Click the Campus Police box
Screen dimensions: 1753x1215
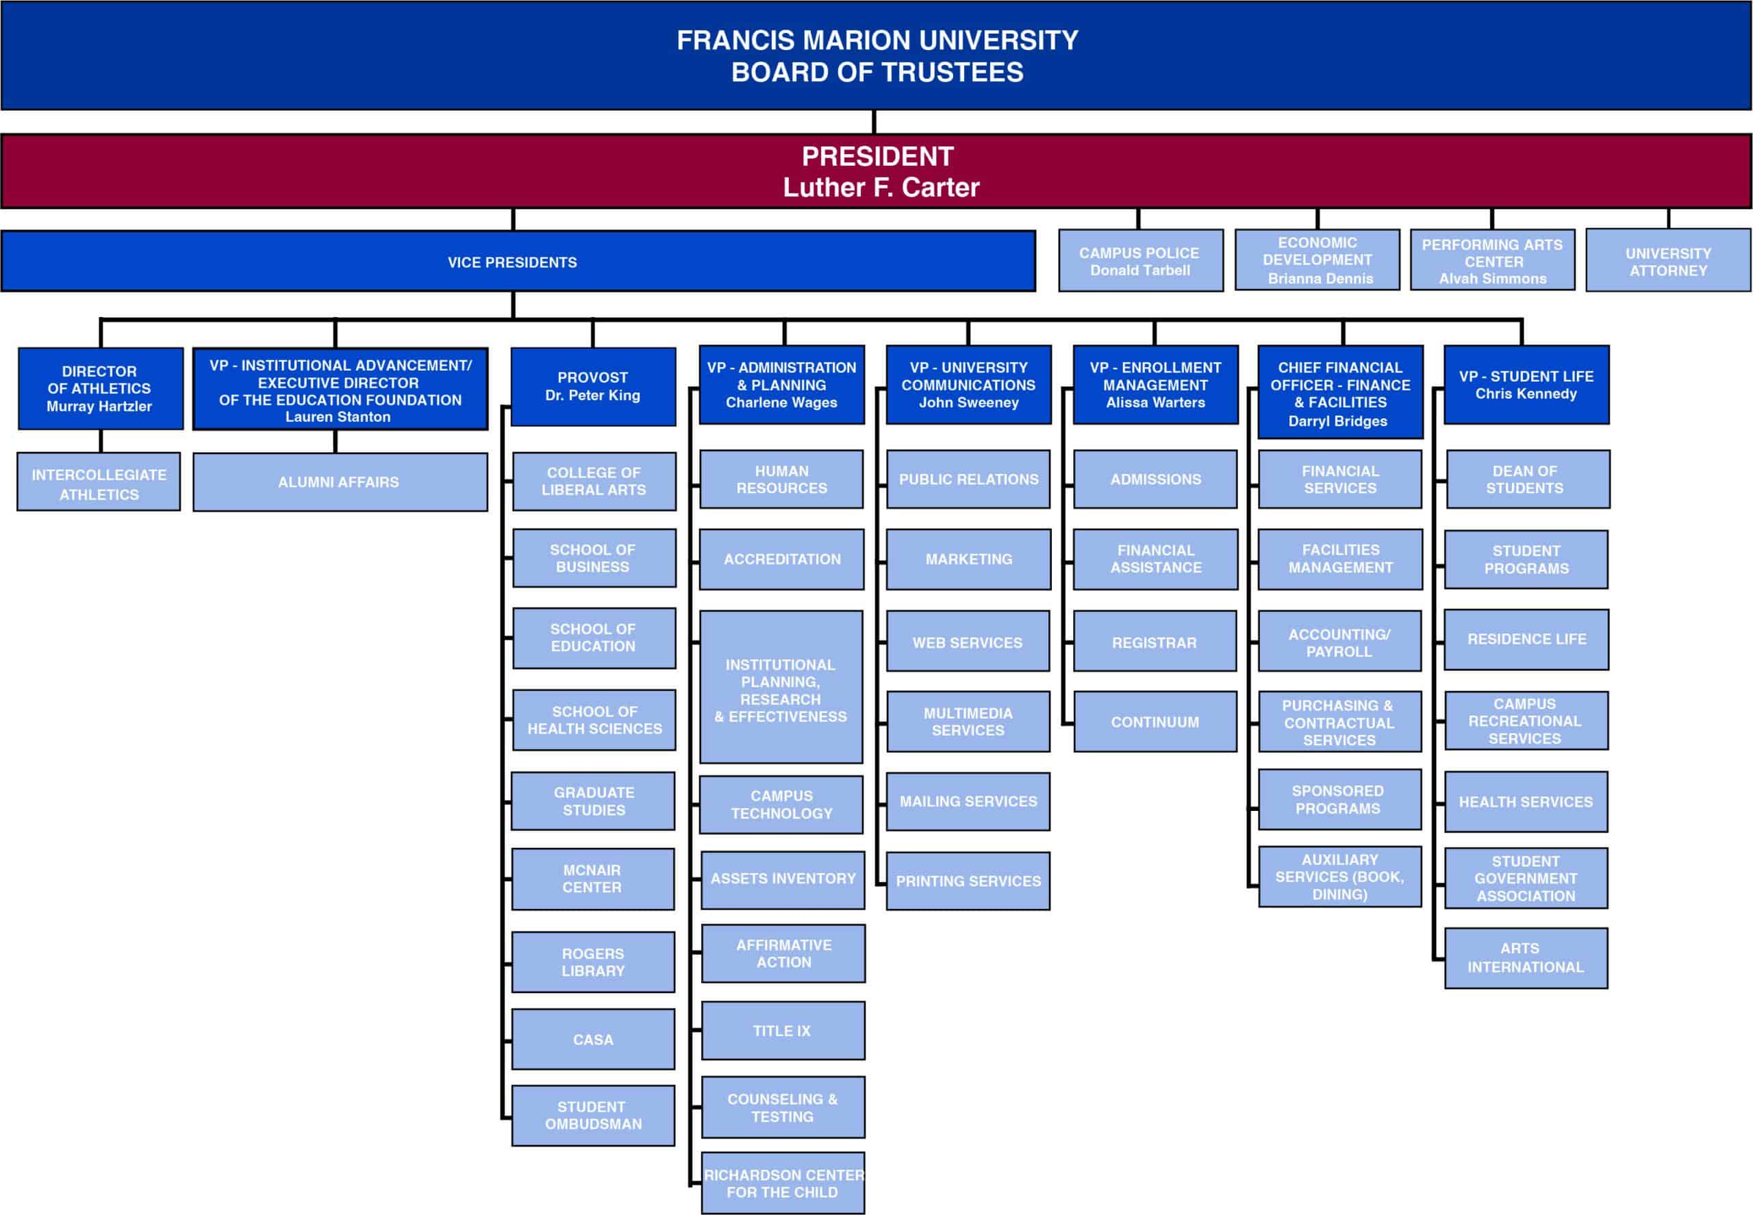(x=1140, y=260)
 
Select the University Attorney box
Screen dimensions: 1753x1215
(x=1668, y=260)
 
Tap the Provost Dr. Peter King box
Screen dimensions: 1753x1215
(x=593, y=387)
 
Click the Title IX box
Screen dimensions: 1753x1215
(x=783, y=1031)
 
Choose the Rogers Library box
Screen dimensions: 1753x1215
(x=593, y=962)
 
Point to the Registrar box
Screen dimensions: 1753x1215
(x=1155, y=642)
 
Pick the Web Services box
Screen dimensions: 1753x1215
(x=968, y=642)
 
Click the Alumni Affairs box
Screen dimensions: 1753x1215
(x=340, y=482)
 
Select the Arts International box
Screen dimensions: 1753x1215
(x=1526, y=957)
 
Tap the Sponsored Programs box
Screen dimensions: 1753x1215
(x=1339, y=799)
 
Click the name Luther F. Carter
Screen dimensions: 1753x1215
(x=881, y=187)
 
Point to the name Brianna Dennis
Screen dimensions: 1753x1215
(x=1321, y=279)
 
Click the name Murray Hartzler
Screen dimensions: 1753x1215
(x=99, y=407)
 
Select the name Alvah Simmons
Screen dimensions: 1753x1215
(x=1493, y=279)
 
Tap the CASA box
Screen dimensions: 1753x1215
(x=593, y=1039)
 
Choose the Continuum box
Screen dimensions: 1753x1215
(x=1155, y=722)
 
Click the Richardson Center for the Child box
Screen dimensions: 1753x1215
(x=783, y=1183)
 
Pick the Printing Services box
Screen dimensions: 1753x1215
(x=968, y=881)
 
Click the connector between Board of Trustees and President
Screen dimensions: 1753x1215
(x=874, y=122)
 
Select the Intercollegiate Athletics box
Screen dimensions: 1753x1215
(x=99, y=482)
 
